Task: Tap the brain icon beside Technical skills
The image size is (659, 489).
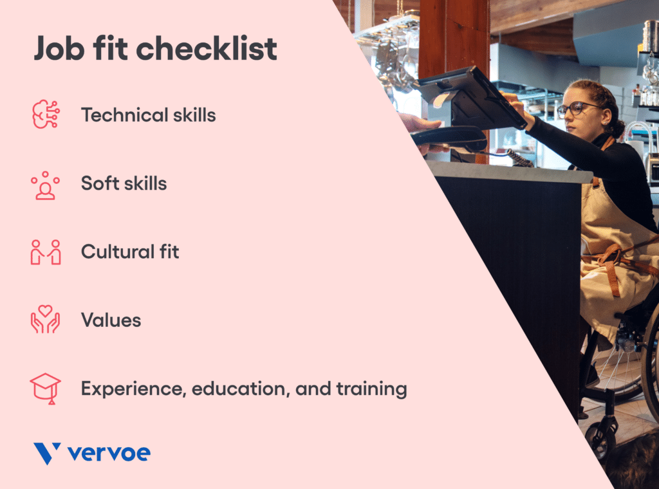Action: tap(45, 115)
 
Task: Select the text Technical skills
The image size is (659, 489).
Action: tap(148, 115)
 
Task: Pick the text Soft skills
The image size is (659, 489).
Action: tap(124, 183)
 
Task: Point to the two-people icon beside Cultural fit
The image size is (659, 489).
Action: tap(45, 252)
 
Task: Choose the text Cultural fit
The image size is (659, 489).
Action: tap(130, 252)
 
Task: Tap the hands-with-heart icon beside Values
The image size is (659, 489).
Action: tap(45, 319)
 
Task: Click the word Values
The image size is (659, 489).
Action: tap(111, 320)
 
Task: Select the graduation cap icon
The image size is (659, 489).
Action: tap(45, 389)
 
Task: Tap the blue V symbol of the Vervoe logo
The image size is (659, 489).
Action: tap(47, 453)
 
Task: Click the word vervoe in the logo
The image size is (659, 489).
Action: tap(109, 454)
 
